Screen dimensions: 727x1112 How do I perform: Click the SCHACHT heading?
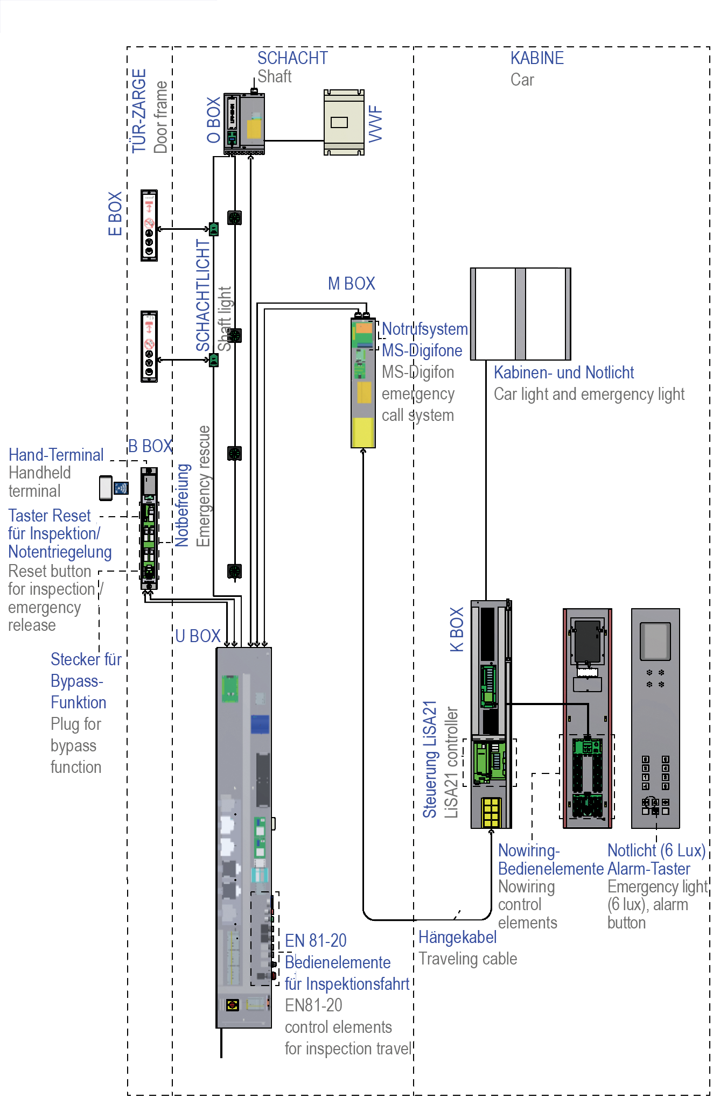[292, 58]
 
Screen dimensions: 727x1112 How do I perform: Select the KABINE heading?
[537, 58]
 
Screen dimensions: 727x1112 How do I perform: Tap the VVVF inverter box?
[344, 123]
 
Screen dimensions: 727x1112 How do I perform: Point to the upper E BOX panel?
[149, 225]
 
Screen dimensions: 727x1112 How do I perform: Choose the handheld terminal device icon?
[106, 488]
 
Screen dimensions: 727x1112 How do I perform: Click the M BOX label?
[351, 283]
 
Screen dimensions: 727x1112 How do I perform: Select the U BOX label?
[198, 636]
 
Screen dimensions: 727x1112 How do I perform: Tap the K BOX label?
[457, 630]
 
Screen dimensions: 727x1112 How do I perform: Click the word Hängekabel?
[457, 937]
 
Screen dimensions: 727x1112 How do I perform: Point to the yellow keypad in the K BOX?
[491, 812]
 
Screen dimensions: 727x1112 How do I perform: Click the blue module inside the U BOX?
[260, 724]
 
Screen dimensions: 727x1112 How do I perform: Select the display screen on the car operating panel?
[655, 641]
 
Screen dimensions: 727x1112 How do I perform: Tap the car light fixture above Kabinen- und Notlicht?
[520, 314]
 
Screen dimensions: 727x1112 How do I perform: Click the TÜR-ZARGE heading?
[139, 111]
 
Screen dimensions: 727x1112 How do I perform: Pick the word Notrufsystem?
[425, 329]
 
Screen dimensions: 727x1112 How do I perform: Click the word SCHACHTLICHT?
[202, 295]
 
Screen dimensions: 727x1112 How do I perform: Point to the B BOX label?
[150, 446]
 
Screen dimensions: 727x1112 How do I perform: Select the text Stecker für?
[86, 659]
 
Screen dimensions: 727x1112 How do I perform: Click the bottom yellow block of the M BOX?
[363, 432]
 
